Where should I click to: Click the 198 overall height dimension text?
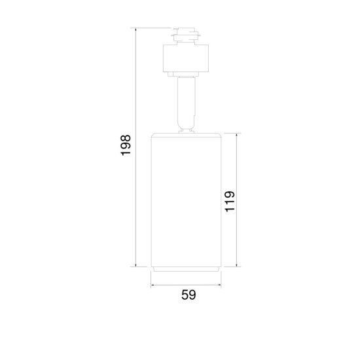[126, 145]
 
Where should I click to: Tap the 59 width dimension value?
[189, 295]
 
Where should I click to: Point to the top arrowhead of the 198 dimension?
[135, 29]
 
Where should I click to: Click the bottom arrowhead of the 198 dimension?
[135, 266]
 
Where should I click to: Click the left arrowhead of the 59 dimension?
[153, 285]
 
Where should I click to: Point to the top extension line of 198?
[154, 28]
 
